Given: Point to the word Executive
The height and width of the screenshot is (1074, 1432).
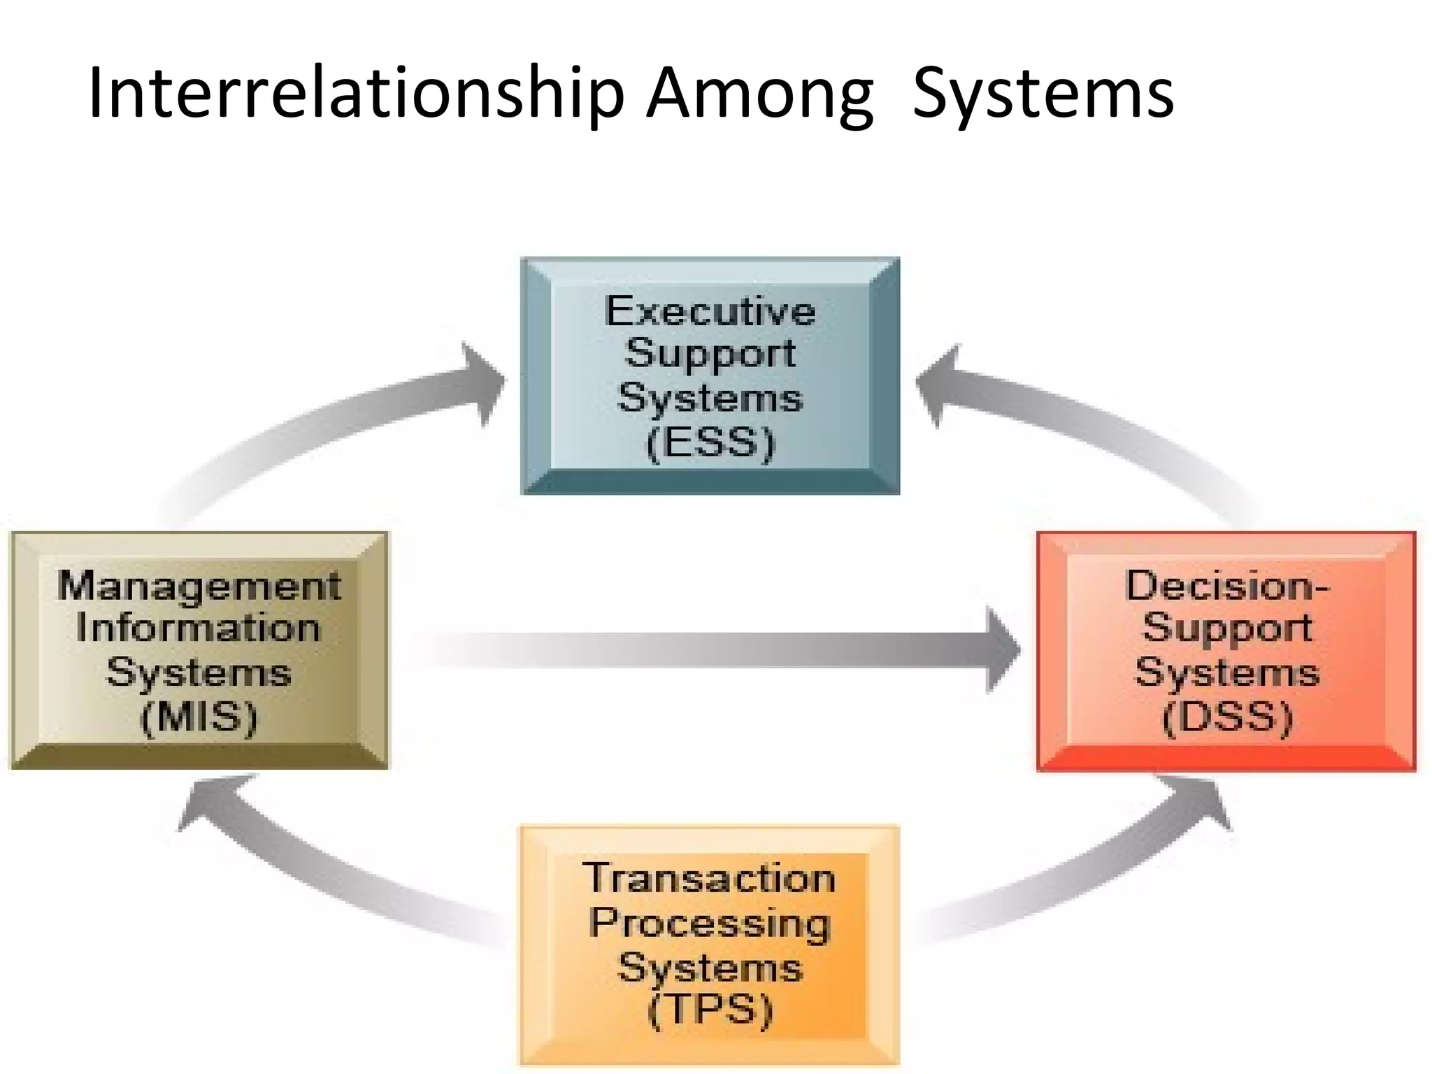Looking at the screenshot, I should coord(710,311).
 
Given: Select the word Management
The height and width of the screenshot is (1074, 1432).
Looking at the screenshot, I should coord(199,586).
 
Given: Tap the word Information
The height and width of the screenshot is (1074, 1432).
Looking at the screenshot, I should coord(199,628).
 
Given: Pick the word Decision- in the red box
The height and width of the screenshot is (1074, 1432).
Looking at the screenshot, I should coord(1227,586).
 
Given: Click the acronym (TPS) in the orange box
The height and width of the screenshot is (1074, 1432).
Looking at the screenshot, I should coord(710,1010).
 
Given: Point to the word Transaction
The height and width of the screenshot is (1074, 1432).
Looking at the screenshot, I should coord(710,878).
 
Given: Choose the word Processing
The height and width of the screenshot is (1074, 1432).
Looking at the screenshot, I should coord(710,923).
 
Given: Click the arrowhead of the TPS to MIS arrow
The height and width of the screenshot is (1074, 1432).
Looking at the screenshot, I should coord(210,804).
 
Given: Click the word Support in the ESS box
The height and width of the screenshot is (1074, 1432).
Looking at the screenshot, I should coord(710,353).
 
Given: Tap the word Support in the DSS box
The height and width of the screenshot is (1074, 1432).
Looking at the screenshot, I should coord(1227,628).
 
